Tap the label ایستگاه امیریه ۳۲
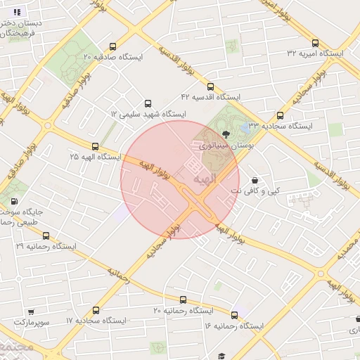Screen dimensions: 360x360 point(315,53)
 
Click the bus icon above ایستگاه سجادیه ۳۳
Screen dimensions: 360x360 point(281,116)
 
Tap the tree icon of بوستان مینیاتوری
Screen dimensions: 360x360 point(226,134)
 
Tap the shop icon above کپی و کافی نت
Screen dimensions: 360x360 point(254,180)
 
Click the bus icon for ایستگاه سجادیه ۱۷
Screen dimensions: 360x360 point(96,310)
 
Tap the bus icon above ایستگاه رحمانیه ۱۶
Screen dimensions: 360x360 point(233,316)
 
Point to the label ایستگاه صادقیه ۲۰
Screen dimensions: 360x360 point(112,56)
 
